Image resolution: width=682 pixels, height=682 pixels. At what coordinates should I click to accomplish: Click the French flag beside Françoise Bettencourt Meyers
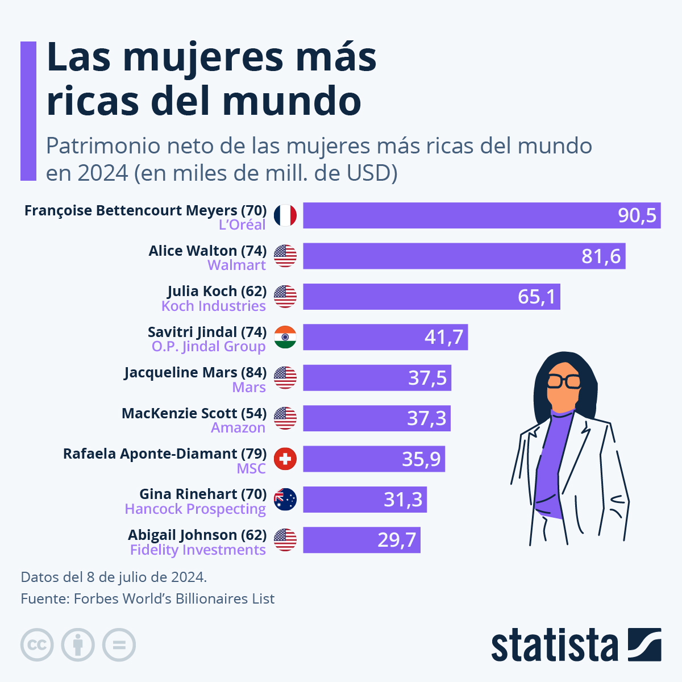click(x=285, y=215)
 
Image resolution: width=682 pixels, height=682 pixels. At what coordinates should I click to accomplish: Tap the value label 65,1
click(x=537, y=297)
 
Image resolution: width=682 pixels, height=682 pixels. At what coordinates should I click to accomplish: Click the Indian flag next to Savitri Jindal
click(x=285, y=337)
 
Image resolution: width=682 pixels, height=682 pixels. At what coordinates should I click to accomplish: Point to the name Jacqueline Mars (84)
click(x=196, y=372)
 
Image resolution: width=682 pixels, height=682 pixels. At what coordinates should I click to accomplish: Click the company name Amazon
click(x=238, y=427)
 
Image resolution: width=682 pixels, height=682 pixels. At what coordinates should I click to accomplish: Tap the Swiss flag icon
click(x=285, y=459)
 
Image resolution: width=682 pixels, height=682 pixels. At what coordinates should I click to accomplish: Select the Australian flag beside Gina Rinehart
click(x=285, y=500)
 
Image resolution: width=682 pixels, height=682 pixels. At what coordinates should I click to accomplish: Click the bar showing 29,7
click(x=361, y=540)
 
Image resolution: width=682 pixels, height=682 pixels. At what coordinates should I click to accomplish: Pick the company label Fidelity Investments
click(x=198, y=550)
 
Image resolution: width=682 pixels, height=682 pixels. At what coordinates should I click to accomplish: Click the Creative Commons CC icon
click(x=37, y=645)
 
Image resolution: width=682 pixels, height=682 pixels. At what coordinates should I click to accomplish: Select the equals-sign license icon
click(x=119, y=645)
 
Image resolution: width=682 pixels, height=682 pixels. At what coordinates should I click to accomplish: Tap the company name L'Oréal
click(x=242, y=224)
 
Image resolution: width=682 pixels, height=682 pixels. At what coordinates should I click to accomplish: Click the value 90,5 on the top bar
click(x=637, y=215)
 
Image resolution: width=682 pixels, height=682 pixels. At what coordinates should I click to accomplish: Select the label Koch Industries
click(x=214, y=306)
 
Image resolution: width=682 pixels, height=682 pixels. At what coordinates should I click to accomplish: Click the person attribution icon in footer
click(x=78, y=645)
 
